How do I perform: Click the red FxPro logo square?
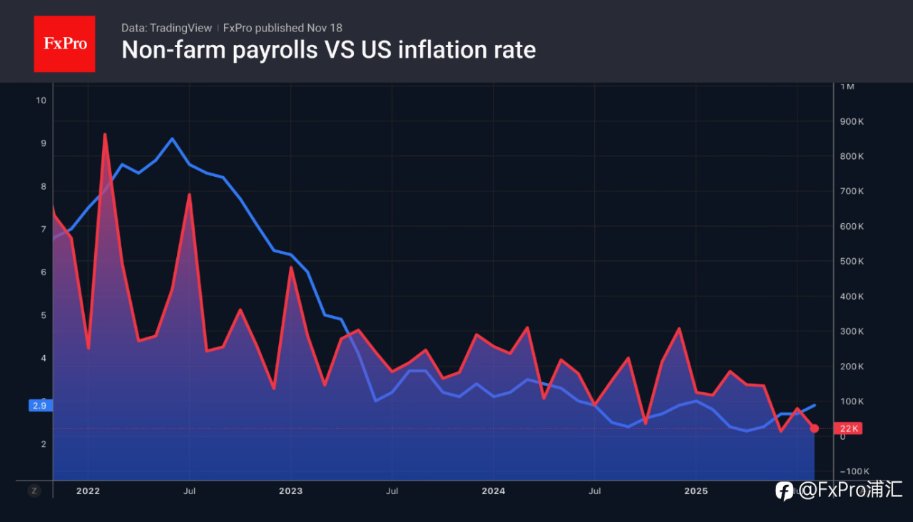[x=64, y=43]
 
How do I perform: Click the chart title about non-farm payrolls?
[x=329, y=50]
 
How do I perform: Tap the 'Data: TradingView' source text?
[x=167, y=28]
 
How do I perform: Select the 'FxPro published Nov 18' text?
[x=282, y=28]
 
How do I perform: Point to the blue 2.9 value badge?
[x=39, y=405]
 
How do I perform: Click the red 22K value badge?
[x=848, y=429]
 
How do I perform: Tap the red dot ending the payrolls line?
[x=815, y=429]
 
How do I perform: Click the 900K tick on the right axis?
[x=852, y=122]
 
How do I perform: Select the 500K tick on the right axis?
[x=852, y=262]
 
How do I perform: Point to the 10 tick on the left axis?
[x=41, y=101]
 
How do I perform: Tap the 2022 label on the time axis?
[x=88, y=491]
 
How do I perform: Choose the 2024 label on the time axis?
[x=493, y=491]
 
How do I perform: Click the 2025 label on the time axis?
[x=695, y=491]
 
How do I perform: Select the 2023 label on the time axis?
[x=290, y=491]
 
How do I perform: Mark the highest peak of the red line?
[x=105, y=134]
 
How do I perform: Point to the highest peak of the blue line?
[x=172, y=138]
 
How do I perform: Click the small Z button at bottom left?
[x=34, y=491]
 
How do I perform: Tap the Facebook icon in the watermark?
[x=785, y=491]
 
